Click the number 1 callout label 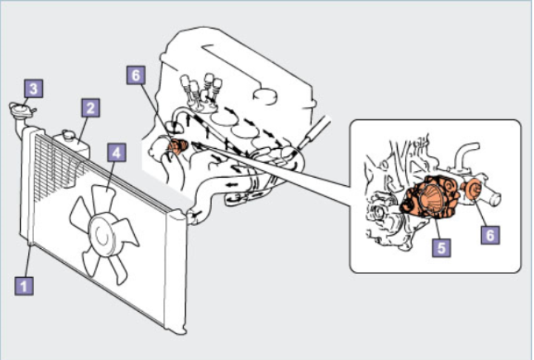24,286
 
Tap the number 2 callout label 90,107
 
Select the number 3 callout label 33,89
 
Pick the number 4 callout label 116,153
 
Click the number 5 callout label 441,247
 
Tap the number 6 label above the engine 136,76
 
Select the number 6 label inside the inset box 490,235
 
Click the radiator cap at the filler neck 21,110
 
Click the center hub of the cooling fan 101,235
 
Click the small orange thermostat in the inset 473,189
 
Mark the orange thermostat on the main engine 177,147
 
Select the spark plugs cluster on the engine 201,90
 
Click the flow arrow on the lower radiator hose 232,185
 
